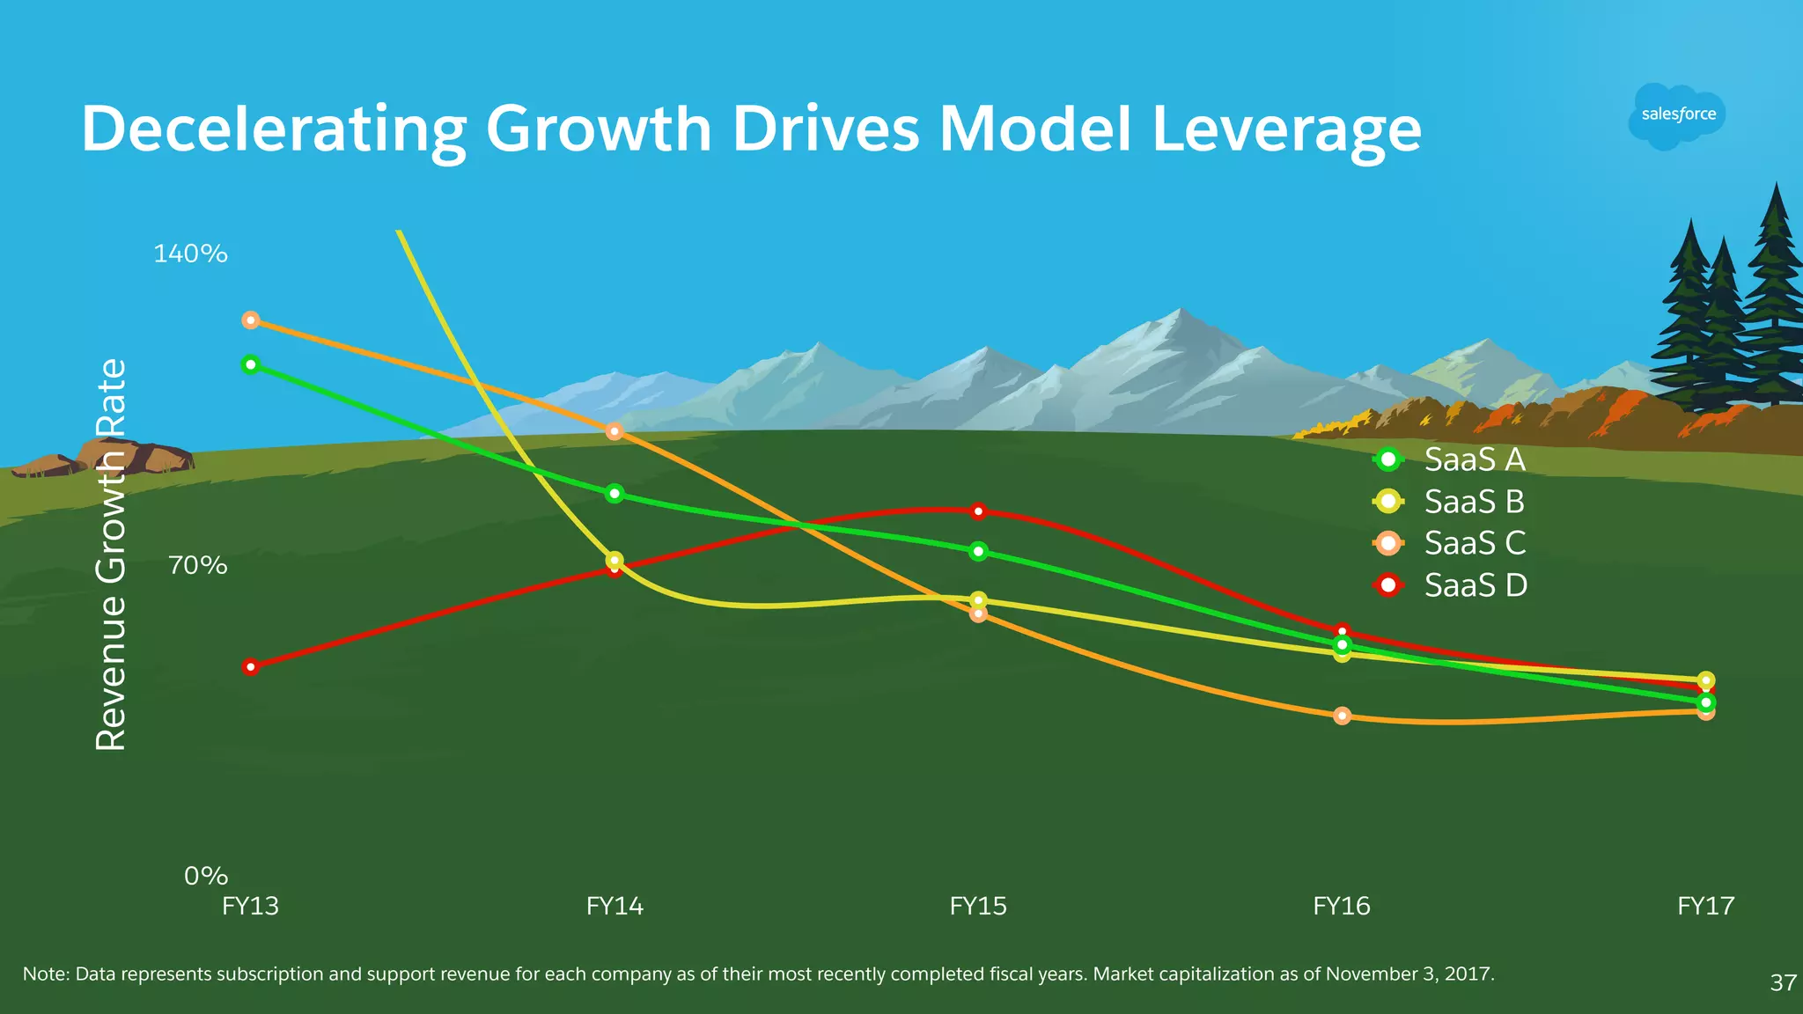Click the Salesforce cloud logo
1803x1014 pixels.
(x=1677, y=115)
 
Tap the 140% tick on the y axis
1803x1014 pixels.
(x=190, y=253)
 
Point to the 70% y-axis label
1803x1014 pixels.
(x=197, y=565)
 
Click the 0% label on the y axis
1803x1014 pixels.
(x=205, y=876)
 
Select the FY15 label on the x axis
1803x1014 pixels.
(x=977, y=906)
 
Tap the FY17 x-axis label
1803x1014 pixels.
(x=1705, y=906)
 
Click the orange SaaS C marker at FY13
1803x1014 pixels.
(x=251, y=320)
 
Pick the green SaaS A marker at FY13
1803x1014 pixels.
(x=251, y=364)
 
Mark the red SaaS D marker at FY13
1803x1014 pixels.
(x=251, y=667)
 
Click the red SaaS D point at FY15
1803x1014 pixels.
(x=978, y=511)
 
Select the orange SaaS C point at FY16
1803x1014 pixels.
(x=1342, y=716)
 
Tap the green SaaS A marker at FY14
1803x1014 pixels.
(x=614, y=494)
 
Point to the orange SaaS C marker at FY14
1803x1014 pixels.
(x=614, y=431)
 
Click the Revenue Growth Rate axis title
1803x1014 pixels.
(x=111, y=555)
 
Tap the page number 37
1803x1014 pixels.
(x=1783, y=982)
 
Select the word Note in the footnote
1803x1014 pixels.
(x=45, y=974)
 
